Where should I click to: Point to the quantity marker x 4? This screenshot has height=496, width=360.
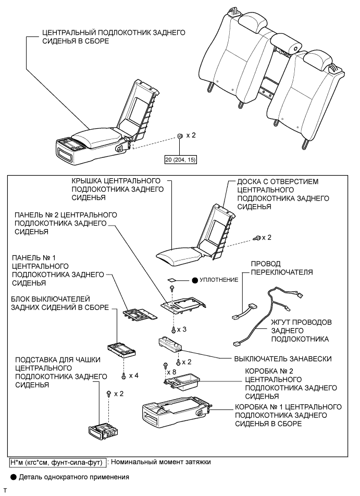(133, 375)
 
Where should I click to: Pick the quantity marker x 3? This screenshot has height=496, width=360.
(182, 330)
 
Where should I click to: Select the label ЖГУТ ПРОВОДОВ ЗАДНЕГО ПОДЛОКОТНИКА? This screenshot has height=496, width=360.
(299, 330)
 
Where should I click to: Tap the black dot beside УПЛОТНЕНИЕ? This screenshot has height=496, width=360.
(194, 280)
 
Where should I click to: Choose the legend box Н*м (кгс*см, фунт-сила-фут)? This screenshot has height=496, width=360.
(58, 461)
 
